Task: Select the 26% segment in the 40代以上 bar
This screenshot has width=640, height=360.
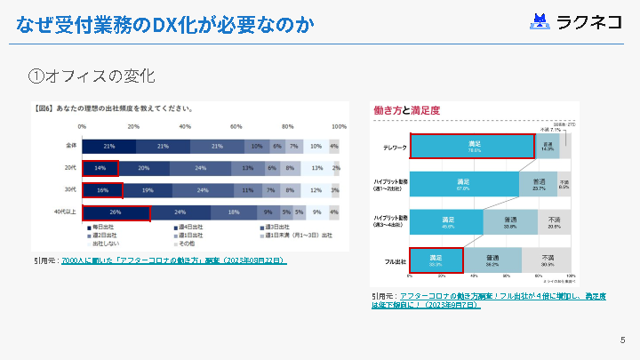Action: (116, 212)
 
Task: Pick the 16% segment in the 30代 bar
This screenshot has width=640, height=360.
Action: (102, 190)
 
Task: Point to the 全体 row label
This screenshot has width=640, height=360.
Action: (71, 145)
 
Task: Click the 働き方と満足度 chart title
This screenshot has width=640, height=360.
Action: (407, 110)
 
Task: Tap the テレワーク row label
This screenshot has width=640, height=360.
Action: (395, 146)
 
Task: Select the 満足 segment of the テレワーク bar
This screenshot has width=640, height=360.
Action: (472, 146)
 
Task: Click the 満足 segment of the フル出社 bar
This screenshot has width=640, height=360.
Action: (436, 260)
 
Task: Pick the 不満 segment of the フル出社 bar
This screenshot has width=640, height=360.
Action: (546, 260)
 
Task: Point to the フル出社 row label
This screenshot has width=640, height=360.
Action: (396, 260)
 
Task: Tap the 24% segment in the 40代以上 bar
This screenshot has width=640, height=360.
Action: (180, 212)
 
